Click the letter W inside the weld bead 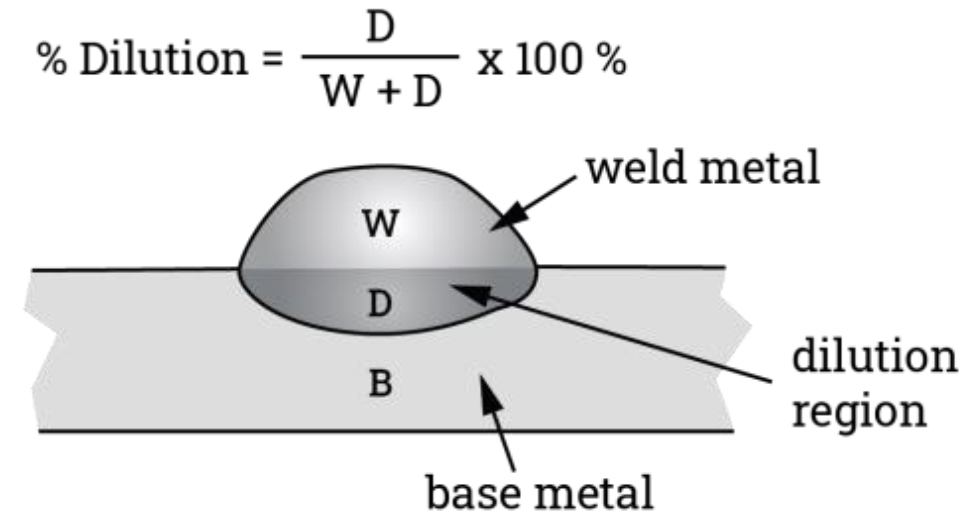tap(381, 223)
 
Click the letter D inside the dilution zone tap(379, 304)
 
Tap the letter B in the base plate tap(381, 384)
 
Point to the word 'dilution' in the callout tap(874, 357)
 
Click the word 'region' tap(859, 411)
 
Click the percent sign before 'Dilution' tap(55, 61)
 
